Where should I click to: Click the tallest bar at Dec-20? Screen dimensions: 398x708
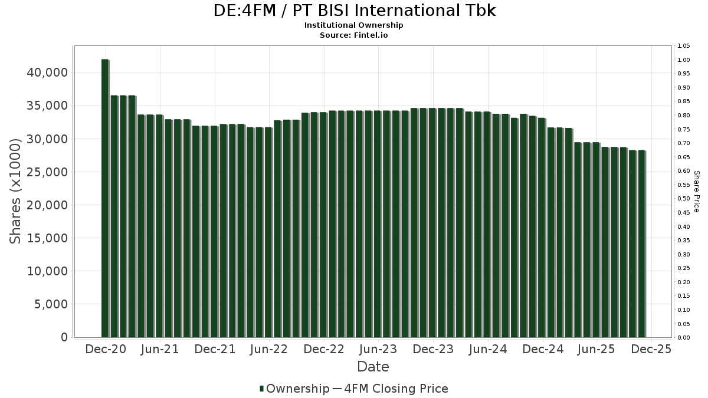coord(105,198)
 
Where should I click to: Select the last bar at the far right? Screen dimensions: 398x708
coord(641,244)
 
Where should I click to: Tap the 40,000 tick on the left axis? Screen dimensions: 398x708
coord(48,73)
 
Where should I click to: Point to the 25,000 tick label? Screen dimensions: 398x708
coord(48,172)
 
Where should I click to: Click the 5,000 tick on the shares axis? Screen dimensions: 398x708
coord(51,304)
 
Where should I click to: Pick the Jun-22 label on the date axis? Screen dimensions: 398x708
coord(268,349)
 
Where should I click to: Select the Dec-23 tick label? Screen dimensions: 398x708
coord(432,349)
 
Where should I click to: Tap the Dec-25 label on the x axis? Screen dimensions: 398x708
coord(651,349)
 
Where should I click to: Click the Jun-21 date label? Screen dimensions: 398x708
coord(160,349)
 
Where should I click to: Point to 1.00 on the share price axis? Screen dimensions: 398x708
coord(684,60)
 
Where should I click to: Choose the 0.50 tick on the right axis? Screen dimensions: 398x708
coord(684,199)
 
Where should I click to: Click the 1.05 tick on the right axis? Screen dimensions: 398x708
coord(684,46)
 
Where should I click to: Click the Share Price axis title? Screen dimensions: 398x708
coord(696,192)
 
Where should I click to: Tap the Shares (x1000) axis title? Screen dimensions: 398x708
coord(16,192)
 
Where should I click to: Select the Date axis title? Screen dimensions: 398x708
coord(373,367)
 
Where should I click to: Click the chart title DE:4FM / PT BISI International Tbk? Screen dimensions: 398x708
coord(354,11)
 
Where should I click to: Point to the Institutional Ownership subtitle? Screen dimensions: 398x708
coord(354,25)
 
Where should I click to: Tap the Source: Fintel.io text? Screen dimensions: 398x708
coord(354,35)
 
